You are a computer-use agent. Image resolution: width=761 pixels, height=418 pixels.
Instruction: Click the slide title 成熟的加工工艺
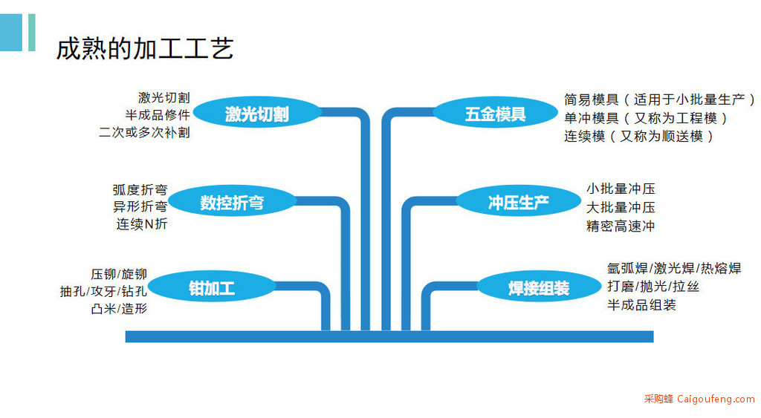point(145,48)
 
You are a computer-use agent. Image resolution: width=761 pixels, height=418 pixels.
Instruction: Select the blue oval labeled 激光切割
point(256,114)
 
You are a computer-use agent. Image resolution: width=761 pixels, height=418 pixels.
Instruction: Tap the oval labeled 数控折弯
point(232,202)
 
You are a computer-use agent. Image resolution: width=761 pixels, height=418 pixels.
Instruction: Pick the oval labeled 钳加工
point(212,289)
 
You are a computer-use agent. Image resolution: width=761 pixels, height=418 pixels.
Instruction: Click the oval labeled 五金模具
point(495,114)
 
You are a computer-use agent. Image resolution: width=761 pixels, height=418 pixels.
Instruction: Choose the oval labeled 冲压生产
point(518,202)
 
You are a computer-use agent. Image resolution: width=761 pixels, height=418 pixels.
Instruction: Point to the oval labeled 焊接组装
point(539,288)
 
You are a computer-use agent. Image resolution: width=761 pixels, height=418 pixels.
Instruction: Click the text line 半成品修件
point(158,115)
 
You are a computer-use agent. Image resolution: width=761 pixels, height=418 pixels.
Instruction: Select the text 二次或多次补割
point(144,132)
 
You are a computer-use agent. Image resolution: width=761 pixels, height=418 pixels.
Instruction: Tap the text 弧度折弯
point(140,189)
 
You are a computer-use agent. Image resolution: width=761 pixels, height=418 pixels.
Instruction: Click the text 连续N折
point(142,223)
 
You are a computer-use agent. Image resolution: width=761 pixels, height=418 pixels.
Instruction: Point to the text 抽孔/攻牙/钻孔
point(103,291)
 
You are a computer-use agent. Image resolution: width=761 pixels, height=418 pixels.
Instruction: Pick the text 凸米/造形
point(119,308)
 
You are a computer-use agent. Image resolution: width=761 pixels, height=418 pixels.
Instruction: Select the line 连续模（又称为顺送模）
point(638,137)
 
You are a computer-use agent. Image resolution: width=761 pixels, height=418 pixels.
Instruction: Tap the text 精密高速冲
point(621,226)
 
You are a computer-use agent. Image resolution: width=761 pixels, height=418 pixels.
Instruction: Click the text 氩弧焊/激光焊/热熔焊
point(674,268)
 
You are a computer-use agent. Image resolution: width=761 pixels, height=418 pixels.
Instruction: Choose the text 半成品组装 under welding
point(641,305)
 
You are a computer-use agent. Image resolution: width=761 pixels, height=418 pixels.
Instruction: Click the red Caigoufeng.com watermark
point(699,399)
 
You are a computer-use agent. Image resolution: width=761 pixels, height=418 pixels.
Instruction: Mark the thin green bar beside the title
point(31,32)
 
